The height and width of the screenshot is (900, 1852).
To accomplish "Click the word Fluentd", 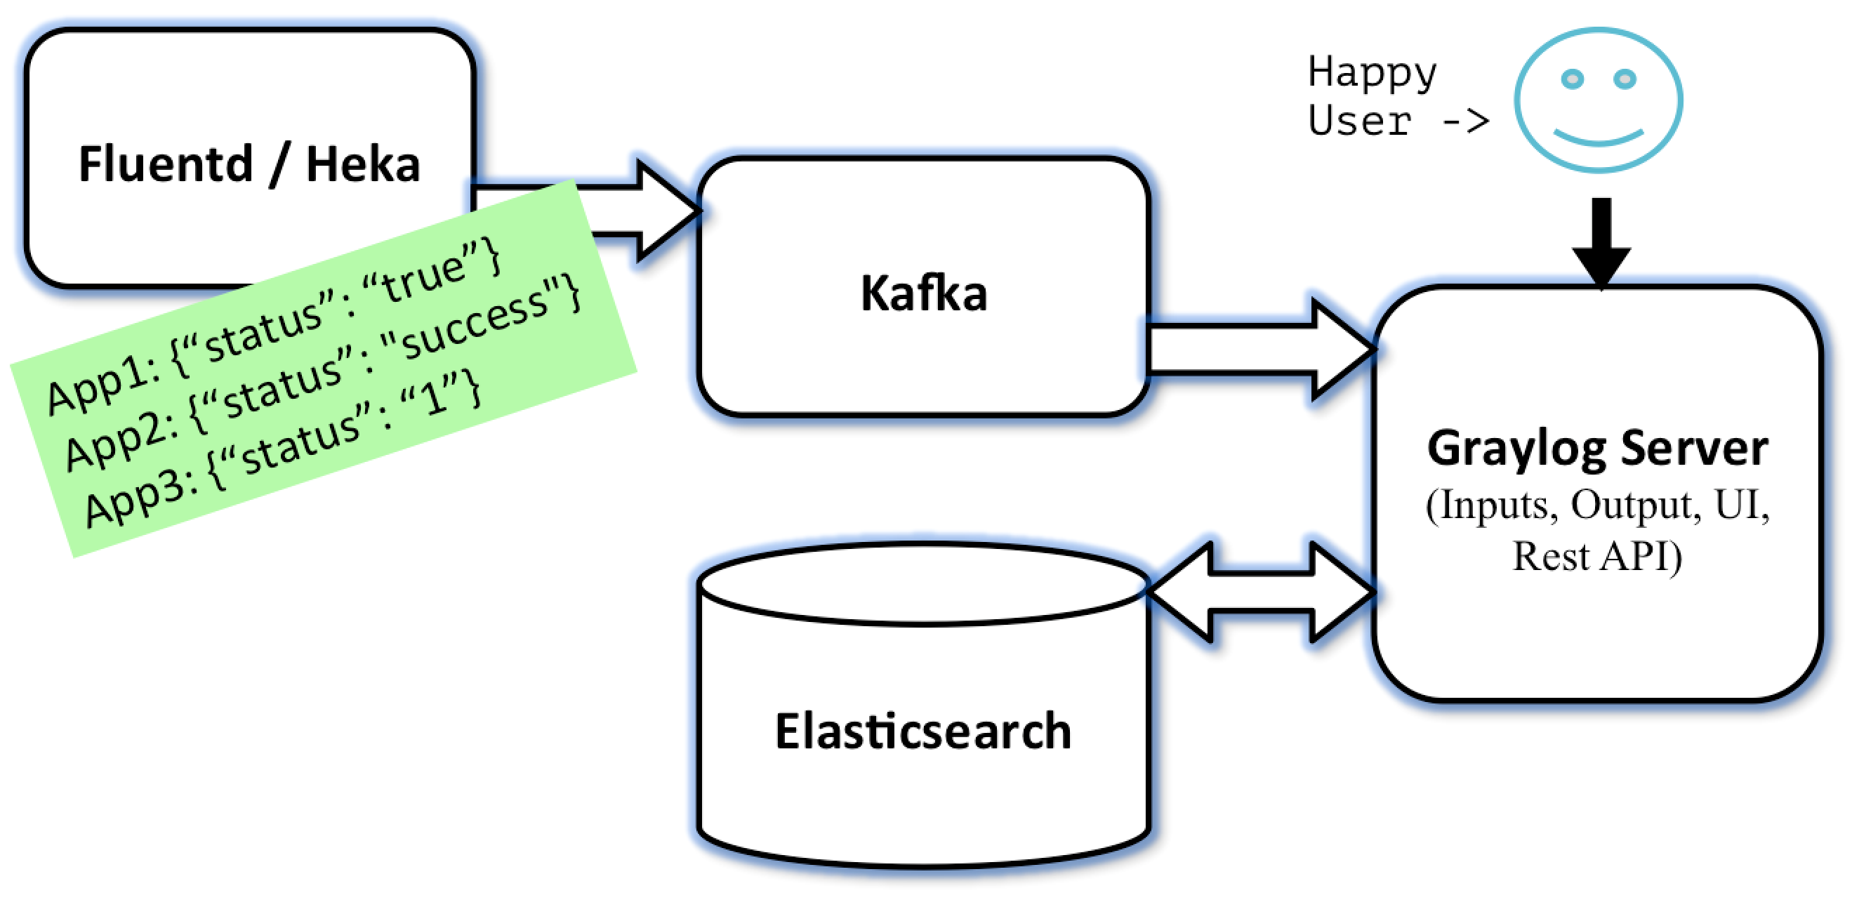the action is click(166, 164).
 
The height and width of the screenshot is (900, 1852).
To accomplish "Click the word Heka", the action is click(363, 164).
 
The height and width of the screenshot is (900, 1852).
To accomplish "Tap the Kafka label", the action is click(924, 293).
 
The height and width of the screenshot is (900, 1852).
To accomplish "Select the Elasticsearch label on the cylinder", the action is click(923, 731).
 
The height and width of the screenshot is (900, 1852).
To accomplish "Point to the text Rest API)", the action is click(1597, 557).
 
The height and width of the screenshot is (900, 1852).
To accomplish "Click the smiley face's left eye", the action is click(1573, 79).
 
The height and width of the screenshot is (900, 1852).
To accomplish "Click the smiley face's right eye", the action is click(1625, 79).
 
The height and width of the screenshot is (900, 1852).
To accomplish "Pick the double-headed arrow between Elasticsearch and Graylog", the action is click(1262, 592).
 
